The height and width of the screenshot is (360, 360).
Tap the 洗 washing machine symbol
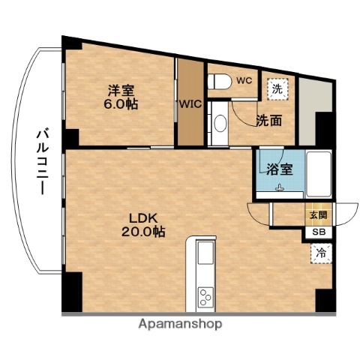click(277, 87)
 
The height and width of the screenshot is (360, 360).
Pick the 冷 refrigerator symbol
click(319, 253)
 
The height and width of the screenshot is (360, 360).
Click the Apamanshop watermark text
click(181, 324)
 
